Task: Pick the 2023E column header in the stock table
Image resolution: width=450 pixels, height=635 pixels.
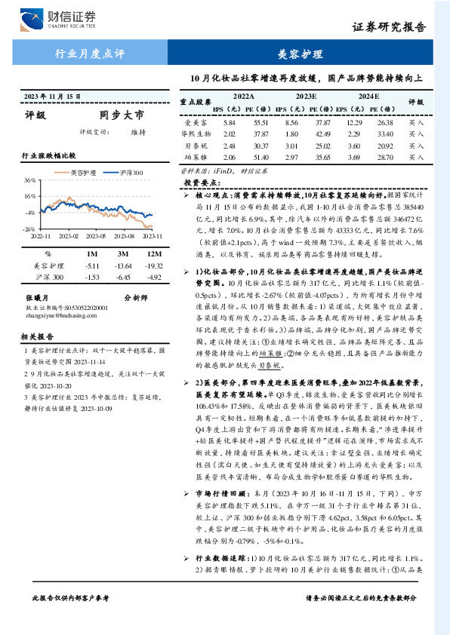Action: pos(307,97)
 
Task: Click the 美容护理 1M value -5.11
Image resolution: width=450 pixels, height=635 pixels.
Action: pos(92,265)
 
